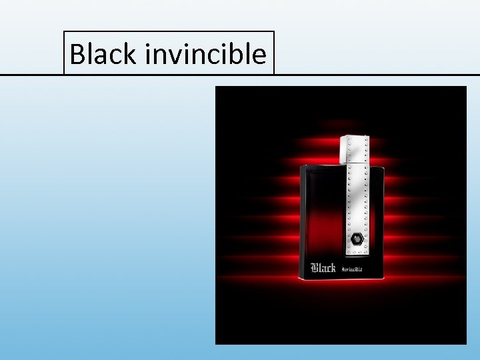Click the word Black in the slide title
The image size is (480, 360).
point(102,54)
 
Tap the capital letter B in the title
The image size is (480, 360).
point(78,54)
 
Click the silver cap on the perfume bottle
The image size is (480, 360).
point(355,149)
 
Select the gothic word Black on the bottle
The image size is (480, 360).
point(323,268)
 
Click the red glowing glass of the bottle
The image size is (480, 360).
point(320,220)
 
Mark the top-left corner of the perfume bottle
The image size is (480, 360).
point(301,165)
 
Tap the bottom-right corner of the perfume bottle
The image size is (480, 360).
point(385,279)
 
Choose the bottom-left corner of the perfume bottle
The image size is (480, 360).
point(300,279)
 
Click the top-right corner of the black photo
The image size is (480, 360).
point(466,86)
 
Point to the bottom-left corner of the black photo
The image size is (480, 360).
point(215,344)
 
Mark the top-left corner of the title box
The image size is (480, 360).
point(64,31)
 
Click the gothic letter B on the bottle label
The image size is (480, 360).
point(315,268)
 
